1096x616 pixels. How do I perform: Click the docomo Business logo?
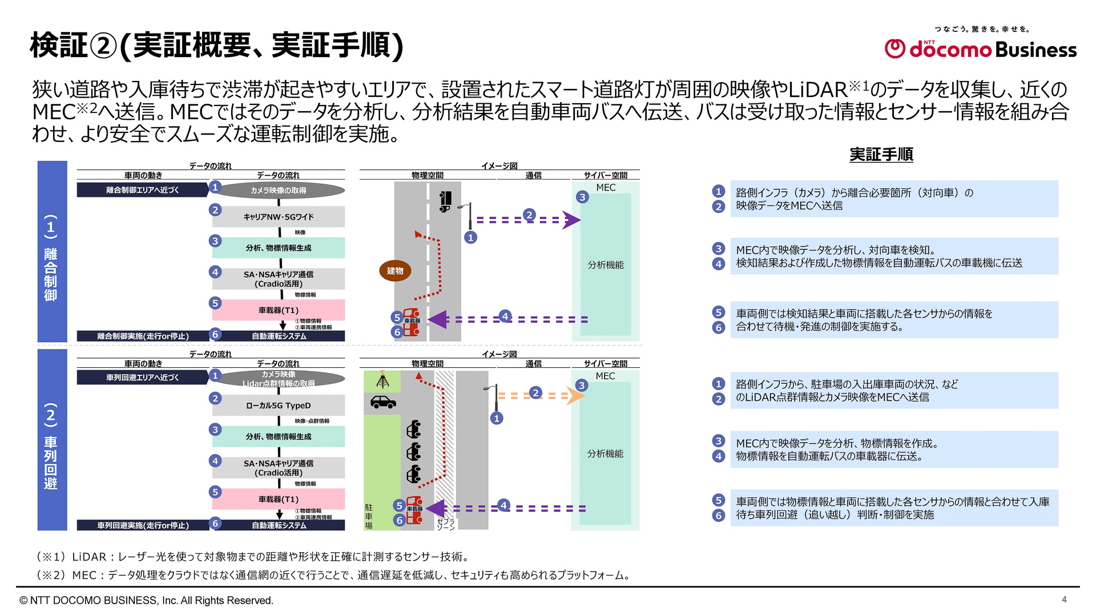(980, 49)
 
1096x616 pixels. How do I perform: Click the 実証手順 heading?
(881, 155)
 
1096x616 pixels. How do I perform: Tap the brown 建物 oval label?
(395, 271)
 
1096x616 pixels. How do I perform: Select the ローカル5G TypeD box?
(279, 406)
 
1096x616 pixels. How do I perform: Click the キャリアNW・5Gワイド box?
(279, 217)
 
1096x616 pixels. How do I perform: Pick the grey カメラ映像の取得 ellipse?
(279, 191)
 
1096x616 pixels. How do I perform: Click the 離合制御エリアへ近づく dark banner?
(143, 190)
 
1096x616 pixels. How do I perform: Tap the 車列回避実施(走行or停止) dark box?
(143, 525)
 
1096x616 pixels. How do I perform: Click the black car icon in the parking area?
(383, 402)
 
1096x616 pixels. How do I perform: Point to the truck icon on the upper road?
(445, 201)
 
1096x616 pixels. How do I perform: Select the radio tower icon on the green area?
(383, 380)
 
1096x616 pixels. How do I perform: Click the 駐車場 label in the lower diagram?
(369, 516)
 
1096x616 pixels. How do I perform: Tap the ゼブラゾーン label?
(445, 524)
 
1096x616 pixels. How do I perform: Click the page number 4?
(1064, 599)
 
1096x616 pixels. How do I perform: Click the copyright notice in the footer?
(146, 601)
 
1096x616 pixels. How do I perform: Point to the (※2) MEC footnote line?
(334, 575)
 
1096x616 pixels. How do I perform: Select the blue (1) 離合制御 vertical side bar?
(52, 252)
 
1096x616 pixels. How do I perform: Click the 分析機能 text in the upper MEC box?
(606, 265)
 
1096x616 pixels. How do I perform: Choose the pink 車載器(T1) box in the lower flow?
(279, 499)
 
